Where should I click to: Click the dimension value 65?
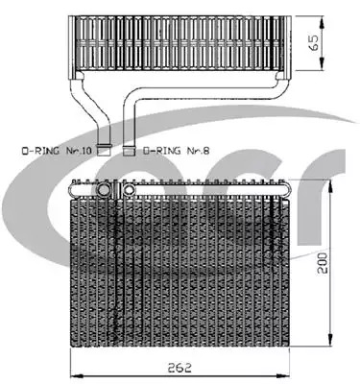coord(314,42)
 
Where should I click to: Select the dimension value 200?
coord(323,263)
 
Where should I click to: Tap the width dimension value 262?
coord(180,367)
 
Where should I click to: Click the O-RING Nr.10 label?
coord(57,150)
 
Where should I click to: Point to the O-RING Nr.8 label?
coord(177,150)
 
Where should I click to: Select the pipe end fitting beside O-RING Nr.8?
coord(130,150)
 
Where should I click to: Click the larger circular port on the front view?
coord(104,190)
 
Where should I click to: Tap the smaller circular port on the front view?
coord(129,190)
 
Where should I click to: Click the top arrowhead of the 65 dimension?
coord(322,20)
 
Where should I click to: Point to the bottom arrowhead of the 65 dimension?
coord(322,65)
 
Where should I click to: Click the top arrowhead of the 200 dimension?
coord(330,184)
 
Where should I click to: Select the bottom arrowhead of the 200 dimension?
coord(330,340)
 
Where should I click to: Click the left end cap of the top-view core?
coord(72,47)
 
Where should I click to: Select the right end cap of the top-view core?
coord(287,47)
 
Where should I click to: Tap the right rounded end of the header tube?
coord(286,190)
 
